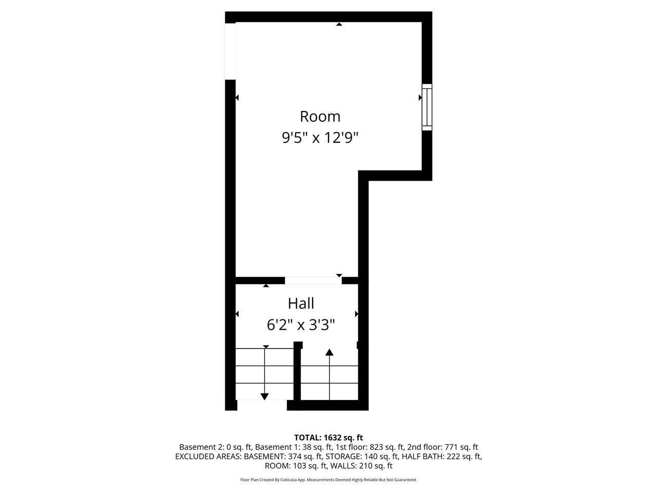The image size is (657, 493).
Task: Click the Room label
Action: click(320, 117)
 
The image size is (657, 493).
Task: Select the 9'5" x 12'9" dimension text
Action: click(320, 138)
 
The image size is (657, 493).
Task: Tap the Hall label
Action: click(301, 304)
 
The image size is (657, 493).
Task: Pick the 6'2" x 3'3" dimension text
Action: click(301, 325)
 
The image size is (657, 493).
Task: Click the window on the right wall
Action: click(427, 107)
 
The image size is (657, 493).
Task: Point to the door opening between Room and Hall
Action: click(313, 280)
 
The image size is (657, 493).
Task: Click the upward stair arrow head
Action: click(329, 352)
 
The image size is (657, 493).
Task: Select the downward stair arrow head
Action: click(264, 396)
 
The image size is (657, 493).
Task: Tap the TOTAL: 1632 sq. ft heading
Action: click(328, 438)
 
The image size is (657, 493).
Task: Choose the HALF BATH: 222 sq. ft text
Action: click(441, 457)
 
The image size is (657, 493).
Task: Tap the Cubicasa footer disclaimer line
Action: click(328, 480)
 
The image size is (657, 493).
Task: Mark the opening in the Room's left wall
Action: click(230, 51)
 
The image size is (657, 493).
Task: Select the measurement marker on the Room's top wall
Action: click(339, 24)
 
